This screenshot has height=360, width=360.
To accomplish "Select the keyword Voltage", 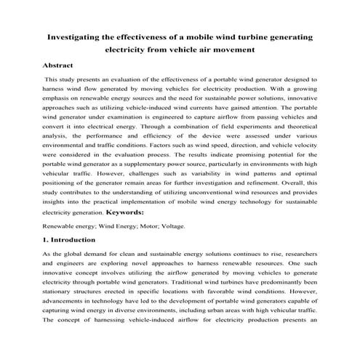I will click(x=171, y=225).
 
